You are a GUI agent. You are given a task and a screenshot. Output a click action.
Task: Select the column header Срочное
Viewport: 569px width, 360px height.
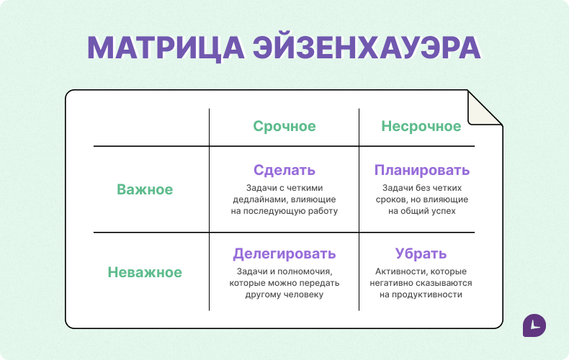tap(284, 127)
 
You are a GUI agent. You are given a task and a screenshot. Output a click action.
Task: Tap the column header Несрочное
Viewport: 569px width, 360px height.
tap(421, 127)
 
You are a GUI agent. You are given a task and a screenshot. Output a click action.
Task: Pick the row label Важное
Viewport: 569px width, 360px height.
tap(145, 189)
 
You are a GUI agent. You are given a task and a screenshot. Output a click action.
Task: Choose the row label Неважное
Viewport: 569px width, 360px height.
tap(145, 273)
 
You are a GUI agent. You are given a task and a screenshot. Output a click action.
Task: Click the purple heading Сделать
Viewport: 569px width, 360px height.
tap(284, 171)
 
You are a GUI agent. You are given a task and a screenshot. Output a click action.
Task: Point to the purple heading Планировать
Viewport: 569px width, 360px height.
tap(421, 171)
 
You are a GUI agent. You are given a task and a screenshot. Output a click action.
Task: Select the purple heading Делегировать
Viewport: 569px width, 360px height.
tap(284, 254)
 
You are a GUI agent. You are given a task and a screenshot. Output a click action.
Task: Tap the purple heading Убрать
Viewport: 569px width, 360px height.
tap(421, 254)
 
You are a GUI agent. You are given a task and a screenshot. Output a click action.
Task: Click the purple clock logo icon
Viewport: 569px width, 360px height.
tap(534, 325)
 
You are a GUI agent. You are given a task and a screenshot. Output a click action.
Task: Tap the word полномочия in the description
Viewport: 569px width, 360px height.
tap(303, 271)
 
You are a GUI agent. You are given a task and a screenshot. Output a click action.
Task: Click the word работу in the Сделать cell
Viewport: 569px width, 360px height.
tap(321, 211)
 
